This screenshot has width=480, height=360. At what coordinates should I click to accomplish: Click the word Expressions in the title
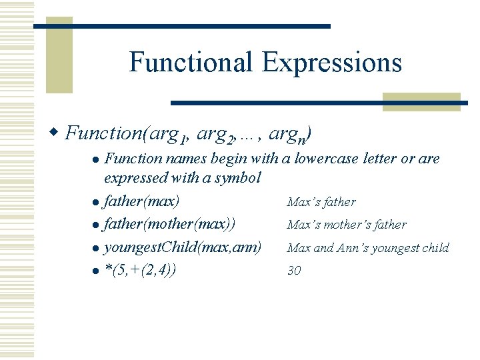[x=332, y=63]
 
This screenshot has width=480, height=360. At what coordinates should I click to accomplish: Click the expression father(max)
[x=141, y=201]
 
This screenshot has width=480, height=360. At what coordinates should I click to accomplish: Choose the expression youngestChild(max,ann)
[x=182, y=247]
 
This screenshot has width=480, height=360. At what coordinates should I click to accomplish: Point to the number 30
[x=294, y=271]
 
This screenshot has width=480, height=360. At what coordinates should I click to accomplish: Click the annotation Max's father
[x=321, y=201]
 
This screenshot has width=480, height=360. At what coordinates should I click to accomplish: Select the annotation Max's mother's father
[x=346, y=225]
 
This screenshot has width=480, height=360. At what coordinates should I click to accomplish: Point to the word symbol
[x=239, y=178]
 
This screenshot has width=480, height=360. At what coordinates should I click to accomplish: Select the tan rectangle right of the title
[x=421, y=101]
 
